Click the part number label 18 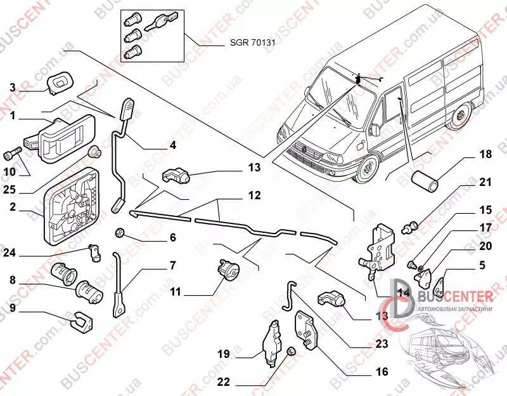coord(485,155)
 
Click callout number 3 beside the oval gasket coord(13,88)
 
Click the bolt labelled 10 coord(15,153)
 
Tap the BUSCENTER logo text coord(456,296)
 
